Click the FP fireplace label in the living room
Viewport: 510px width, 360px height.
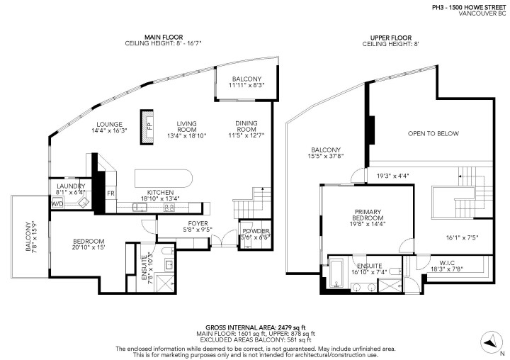149,127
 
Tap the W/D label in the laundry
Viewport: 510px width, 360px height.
57,204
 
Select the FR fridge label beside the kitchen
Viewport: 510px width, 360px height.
110,193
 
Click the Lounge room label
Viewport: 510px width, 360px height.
110,123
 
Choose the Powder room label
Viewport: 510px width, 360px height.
255,231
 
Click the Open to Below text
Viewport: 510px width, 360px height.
433,133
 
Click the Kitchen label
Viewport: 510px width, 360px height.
159,192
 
